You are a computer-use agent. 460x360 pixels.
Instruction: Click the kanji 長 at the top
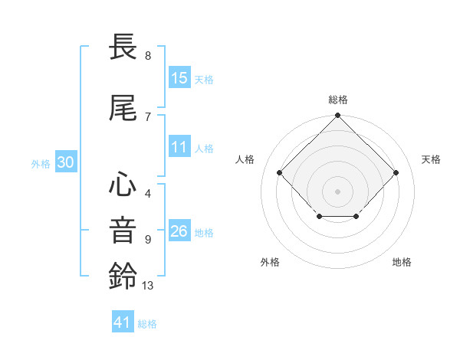click(x=123, y=48)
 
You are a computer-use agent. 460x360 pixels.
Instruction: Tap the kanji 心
click(x=123, y=186)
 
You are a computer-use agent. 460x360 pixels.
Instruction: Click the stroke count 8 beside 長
click(x=148, y=56)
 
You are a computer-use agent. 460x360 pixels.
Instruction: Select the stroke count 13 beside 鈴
click(x=148, y=286)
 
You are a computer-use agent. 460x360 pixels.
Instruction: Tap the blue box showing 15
click(x=179, y=78)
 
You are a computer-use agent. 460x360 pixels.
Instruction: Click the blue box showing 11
click(x=179, y=148)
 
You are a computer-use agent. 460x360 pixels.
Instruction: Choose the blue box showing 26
click(x=179, y=231)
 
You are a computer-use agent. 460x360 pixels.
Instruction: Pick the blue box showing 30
click(x=65, y=163)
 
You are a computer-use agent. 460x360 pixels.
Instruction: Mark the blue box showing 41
click(x=123, y=322)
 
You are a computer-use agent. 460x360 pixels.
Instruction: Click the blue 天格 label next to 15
click(x=204, y=79)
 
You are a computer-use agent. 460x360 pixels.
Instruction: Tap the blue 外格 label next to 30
click(x=41, y=164)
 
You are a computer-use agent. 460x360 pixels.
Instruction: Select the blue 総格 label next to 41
click(x=147, y=323)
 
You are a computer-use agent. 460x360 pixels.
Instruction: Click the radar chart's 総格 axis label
click(x=337, y=100)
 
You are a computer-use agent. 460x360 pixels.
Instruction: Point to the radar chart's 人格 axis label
click(x=245, y=159)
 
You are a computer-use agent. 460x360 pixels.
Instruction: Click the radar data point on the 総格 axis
click(x=337, y=116)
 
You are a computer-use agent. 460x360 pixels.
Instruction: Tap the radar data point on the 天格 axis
click(x=396, y=172)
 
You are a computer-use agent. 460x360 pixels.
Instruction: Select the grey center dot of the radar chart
click(x=337, y=191)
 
